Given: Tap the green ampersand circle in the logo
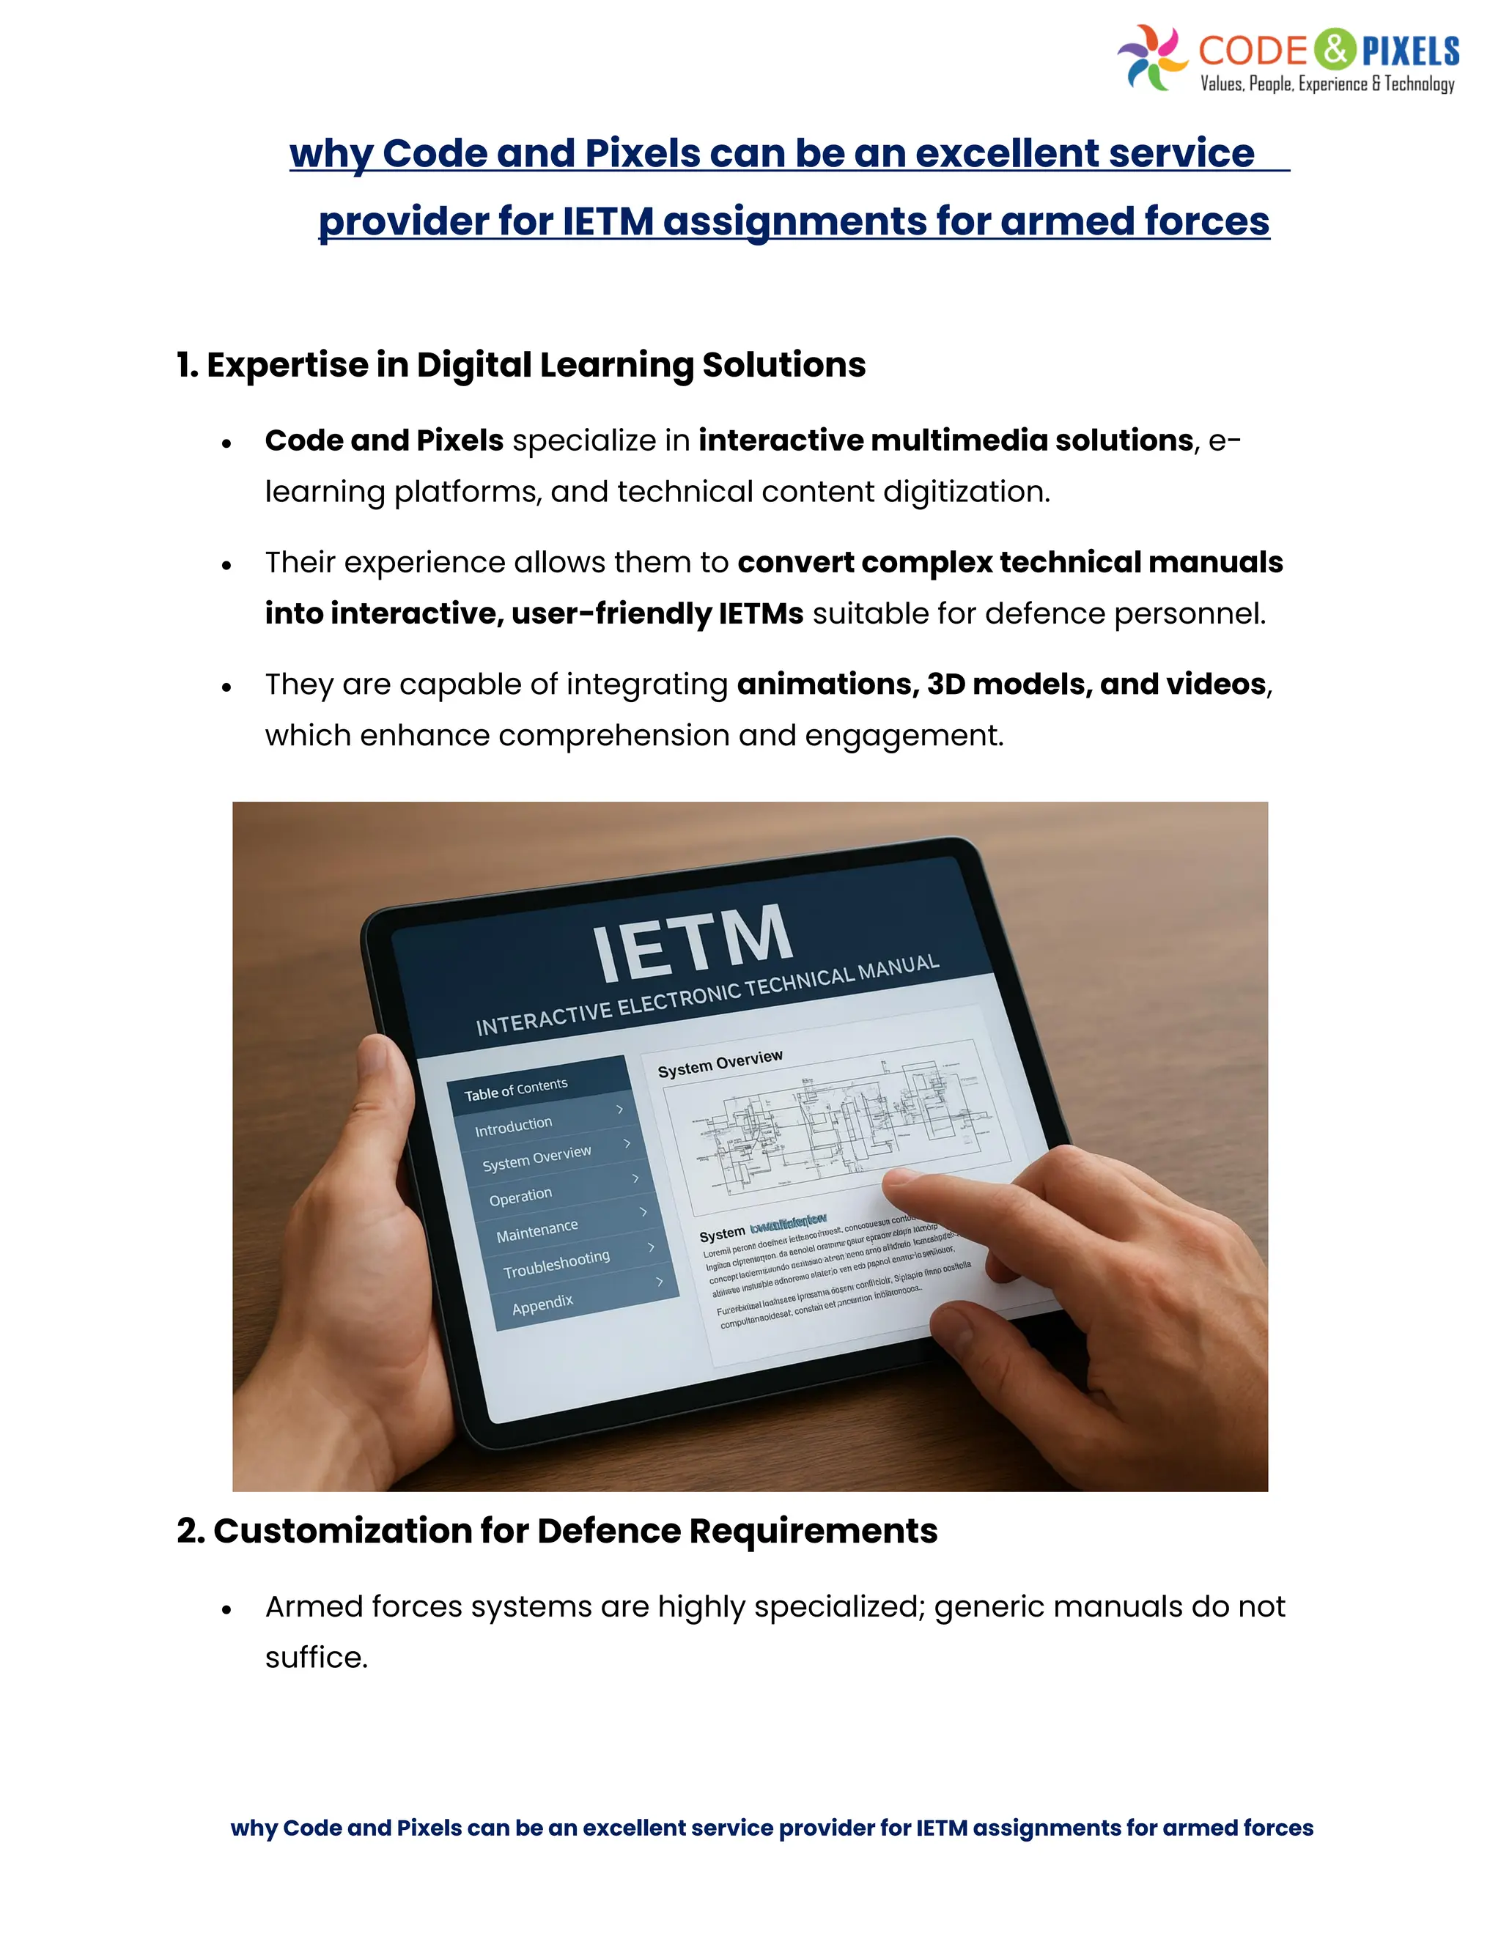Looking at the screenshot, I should coord(1335,49).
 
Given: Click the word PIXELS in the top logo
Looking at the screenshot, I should coord(1411,51).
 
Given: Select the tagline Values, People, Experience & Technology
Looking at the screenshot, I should coord(1327,84).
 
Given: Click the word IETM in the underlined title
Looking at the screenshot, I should coord(608,221).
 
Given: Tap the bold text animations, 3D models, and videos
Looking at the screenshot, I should coord(1001,684).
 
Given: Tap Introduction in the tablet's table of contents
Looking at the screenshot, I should coord(514,1126).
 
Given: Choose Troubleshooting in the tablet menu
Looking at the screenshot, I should coord(557,1263).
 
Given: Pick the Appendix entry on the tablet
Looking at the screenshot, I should coord(542,1304).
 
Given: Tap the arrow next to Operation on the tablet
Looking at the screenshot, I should coord(635,1178).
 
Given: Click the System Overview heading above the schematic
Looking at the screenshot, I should coord(720,1063).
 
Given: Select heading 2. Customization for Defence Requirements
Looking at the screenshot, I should coord(557,1531).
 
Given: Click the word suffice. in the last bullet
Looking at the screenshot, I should coord(317,1658).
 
